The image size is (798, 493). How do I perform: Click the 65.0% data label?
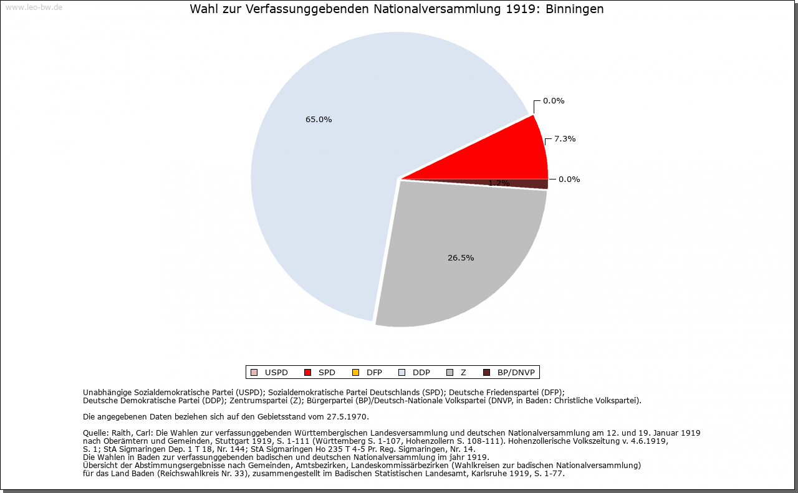[318, 120]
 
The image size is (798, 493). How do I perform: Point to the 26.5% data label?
[461, 258]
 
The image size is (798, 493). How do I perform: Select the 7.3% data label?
[565, 139]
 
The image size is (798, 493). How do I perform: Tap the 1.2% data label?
[499, 183]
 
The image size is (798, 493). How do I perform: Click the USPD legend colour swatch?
[254, 373]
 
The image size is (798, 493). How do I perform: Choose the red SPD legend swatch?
[307, 373]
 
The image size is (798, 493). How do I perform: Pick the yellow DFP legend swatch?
[355, 373]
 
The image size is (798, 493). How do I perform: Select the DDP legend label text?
[421, 373]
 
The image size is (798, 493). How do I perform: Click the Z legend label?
[463, 373]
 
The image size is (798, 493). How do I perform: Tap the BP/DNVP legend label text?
[516, 373]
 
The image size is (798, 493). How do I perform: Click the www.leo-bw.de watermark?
[34, 7]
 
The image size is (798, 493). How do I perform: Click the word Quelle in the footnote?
[95, 433]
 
